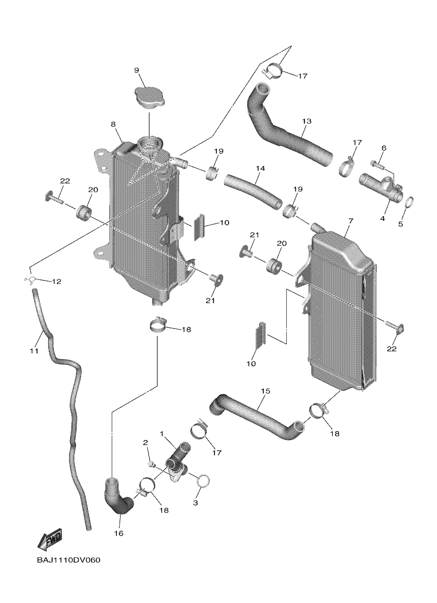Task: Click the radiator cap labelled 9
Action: coord(150,97)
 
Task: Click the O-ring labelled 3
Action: coord(204,481)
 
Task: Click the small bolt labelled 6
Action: coord(377,165)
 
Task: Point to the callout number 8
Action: coord(113,124)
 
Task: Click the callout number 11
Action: coord(34,351)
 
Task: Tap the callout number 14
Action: coord(261,168)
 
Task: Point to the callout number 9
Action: coord(136,70)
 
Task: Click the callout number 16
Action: coord(119,533)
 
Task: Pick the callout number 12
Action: coord(56,281)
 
